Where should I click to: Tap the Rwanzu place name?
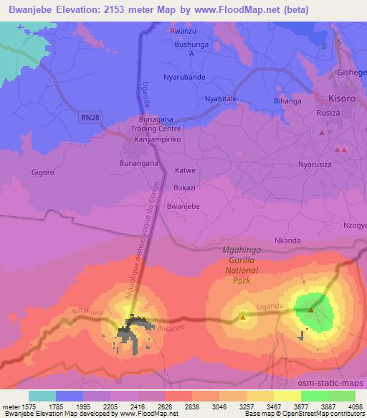(x=182, y=31)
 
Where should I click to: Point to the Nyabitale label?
(x=220, y=98)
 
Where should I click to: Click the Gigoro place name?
(x=43, y=172)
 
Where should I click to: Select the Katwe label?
(x=185, y=171)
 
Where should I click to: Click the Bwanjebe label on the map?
(x=182, y=205)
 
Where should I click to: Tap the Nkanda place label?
(x=287, y=241)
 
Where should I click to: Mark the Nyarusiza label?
(x=315, y=164)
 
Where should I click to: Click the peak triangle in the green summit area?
(x=312, y=310)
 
